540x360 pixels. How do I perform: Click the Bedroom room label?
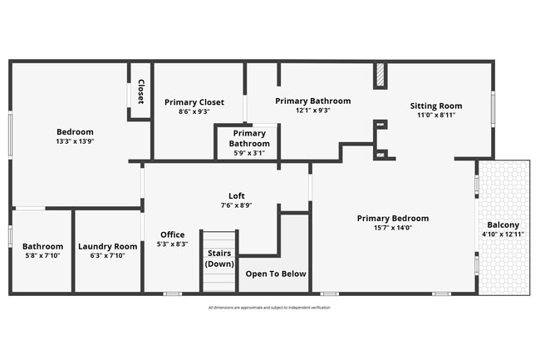[x=75, y=132]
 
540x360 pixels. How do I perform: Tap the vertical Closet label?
[x=140, y=91]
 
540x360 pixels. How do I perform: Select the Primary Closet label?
[x=194, y=102]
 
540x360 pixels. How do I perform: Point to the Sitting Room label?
[x=436, y=106]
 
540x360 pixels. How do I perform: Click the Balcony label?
[x=503, y=224]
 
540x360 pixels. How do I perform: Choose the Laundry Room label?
[x=107, y=246]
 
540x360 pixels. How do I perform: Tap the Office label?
[x=173, y=234]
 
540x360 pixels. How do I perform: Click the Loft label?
[x=237, y=195]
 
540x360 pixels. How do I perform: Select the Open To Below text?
[x=276, y=274]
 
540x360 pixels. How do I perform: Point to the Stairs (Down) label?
[x=219, y=258]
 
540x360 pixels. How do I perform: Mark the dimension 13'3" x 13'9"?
[x=75, y=142]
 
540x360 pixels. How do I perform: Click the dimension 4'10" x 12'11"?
[x=503, y=234]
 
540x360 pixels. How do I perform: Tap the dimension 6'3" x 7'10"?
[x=107, y=256]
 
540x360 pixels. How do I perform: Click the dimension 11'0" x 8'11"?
[x=436, y=116]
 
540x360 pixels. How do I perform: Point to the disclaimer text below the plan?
[x=269, y=308]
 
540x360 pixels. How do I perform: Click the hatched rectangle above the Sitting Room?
[x=380, y=76]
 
